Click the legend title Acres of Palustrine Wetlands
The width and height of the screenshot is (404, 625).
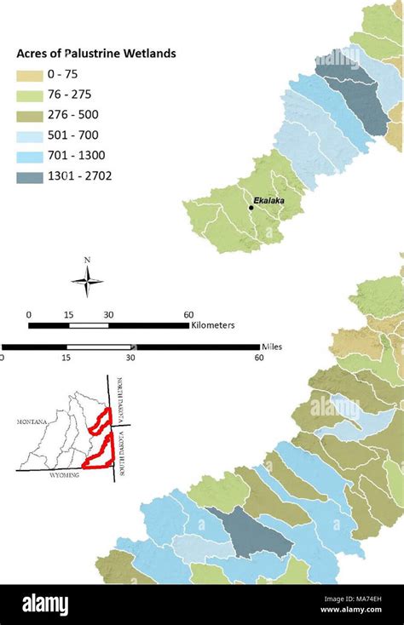point(96,54)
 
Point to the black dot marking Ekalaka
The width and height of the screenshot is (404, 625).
point(251,207)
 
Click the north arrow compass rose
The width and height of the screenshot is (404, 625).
point(87,280)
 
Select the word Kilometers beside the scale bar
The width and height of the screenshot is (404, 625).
point(213,325)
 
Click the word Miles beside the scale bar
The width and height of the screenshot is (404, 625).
point(272,347)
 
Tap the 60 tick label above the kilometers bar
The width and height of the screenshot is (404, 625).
point(188,315)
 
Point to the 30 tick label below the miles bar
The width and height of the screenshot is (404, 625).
point(130,358)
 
